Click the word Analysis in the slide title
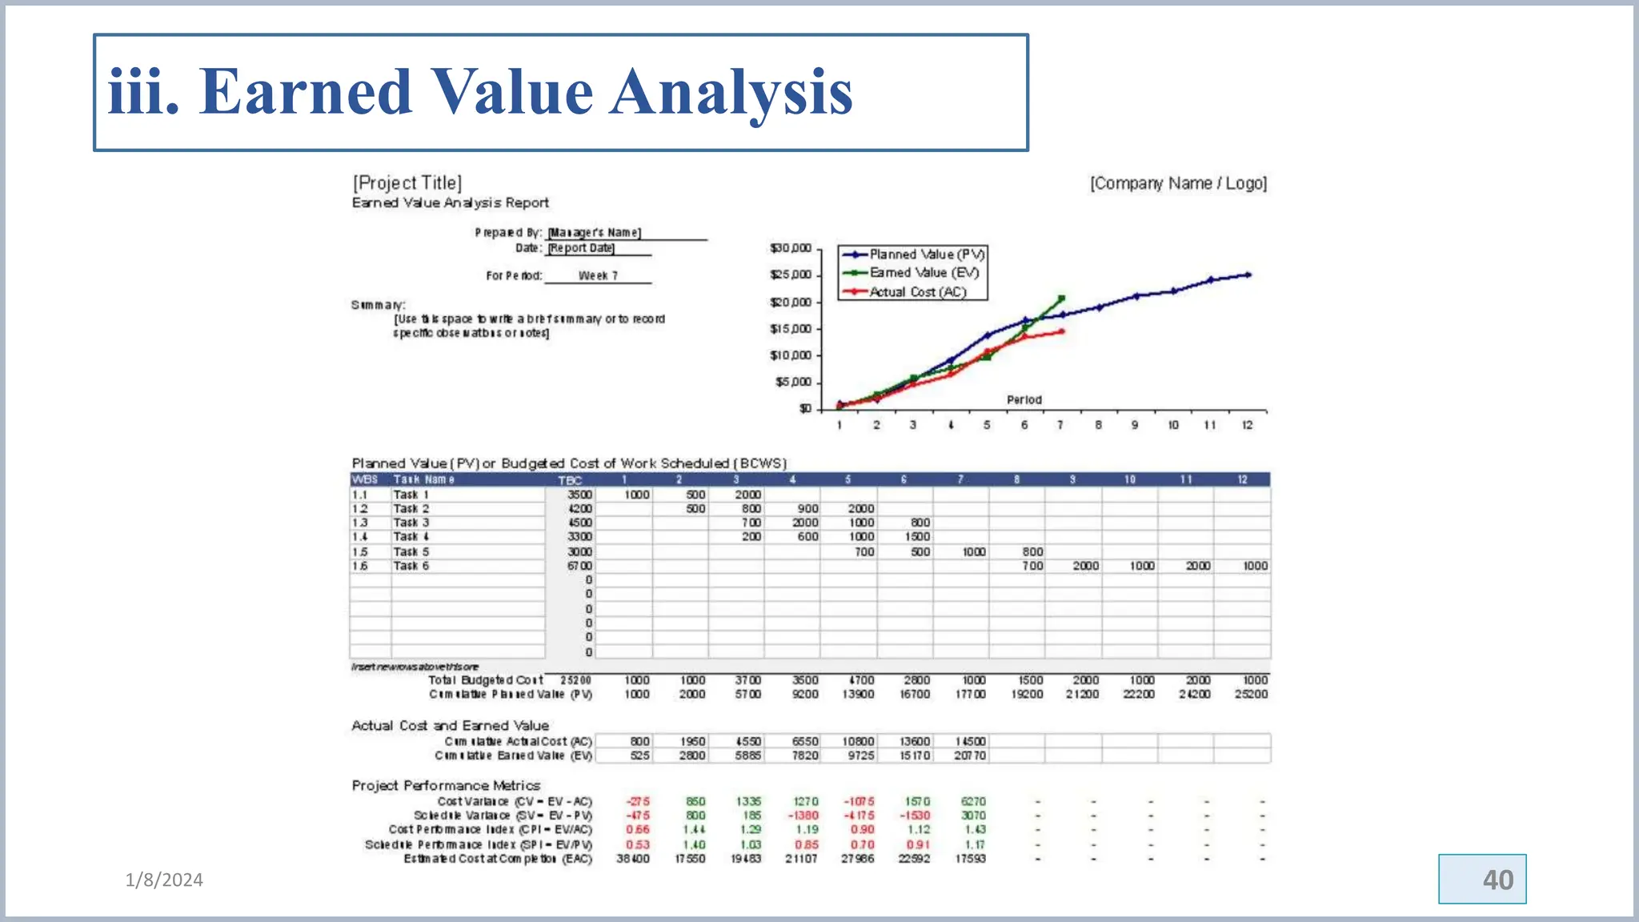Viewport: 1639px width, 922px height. (x=731, y=93)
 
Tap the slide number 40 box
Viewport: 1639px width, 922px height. (x=1482, y=880)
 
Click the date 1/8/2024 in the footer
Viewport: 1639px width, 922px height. (x=164, y=880)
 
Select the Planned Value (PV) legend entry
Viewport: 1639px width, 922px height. (x=912, y=255)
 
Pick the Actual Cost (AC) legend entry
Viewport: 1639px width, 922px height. (x=912, y=292)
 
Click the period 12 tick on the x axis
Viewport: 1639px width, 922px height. (x=1247, y=425)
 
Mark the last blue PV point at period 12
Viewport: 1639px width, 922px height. (x=1248, y=275)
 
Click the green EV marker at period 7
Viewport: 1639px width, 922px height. (x=1061, y=299)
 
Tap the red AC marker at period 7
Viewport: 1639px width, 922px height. (x=1061, y=331)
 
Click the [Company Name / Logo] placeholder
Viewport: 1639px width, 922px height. (x=1178, y=183)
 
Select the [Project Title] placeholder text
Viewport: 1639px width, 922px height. (x=407, y=183)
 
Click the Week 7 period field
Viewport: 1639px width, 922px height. (x=598, y=276)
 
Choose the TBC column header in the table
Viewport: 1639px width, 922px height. (x=570, y=480)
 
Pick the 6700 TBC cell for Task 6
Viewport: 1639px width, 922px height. (x=579, y=566)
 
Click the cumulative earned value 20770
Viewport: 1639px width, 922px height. (x=970, y=756)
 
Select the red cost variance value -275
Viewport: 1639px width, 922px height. (x=638, y=801)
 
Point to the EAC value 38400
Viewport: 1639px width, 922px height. (x=633, y=859)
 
